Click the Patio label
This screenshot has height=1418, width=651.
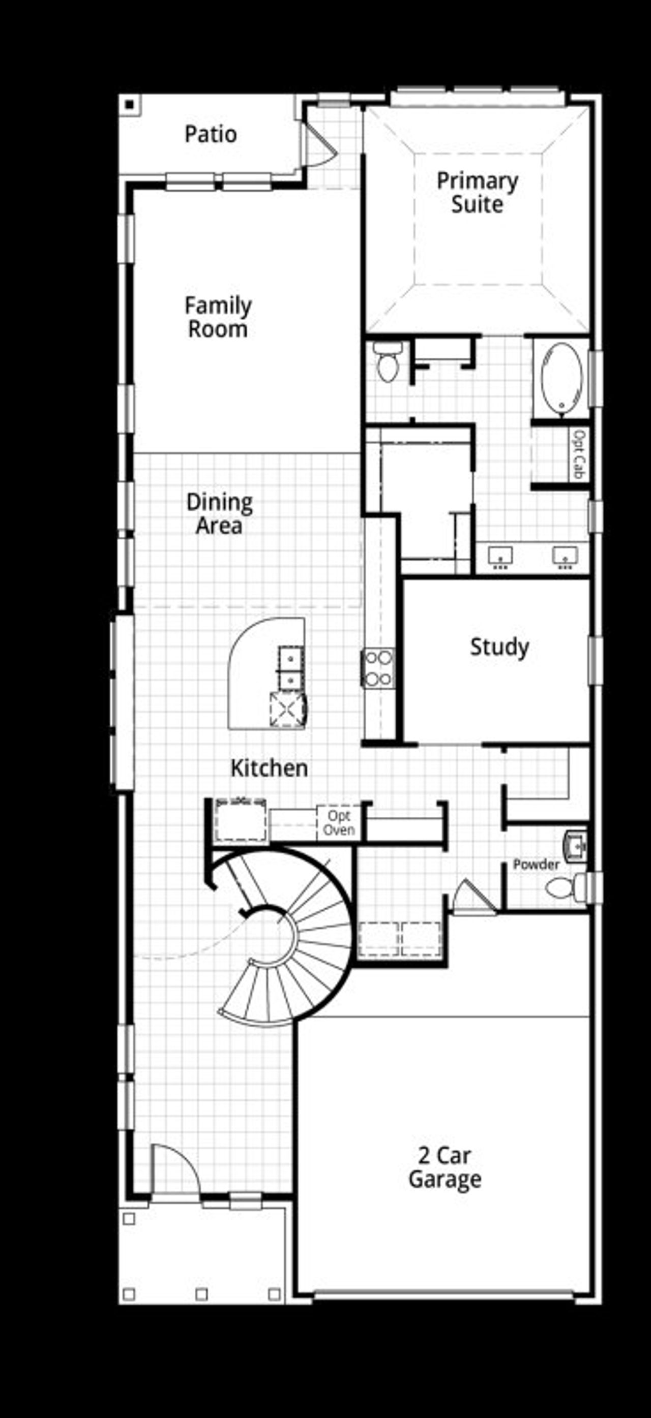[x=211, y=134]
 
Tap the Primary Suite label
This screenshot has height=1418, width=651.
[x=477, y=192]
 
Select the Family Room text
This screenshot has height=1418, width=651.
[x=218, y=317]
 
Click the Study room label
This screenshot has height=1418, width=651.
[x=499, y=647]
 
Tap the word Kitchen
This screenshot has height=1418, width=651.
[x=269, y=768]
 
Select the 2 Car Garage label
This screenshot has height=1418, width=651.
[x=445, y=1167]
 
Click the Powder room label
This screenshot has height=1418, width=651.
[x=536, y=864]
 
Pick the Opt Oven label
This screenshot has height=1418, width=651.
[x=338, y=822]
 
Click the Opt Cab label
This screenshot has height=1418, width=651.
[x=580, y=455]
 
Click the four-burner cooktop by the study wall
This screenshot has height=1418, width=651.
[x=378, y=668]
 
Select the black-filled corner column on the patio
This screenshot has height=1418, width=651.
[x=129, y=105]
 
